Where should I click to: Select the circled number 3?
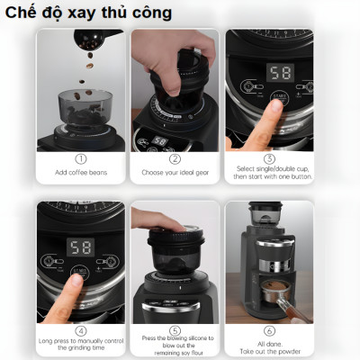tap(269, 158)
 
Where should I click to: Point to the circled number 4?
tap(81, 330)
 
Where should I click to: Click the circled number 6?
tap(269, 330)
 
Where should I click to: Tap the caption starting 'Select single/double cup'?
tap(269, 174)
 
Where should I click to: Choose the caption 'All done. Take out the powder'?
tap(269, 346)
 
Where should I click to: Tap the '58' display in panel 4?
tap(82, 247)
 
